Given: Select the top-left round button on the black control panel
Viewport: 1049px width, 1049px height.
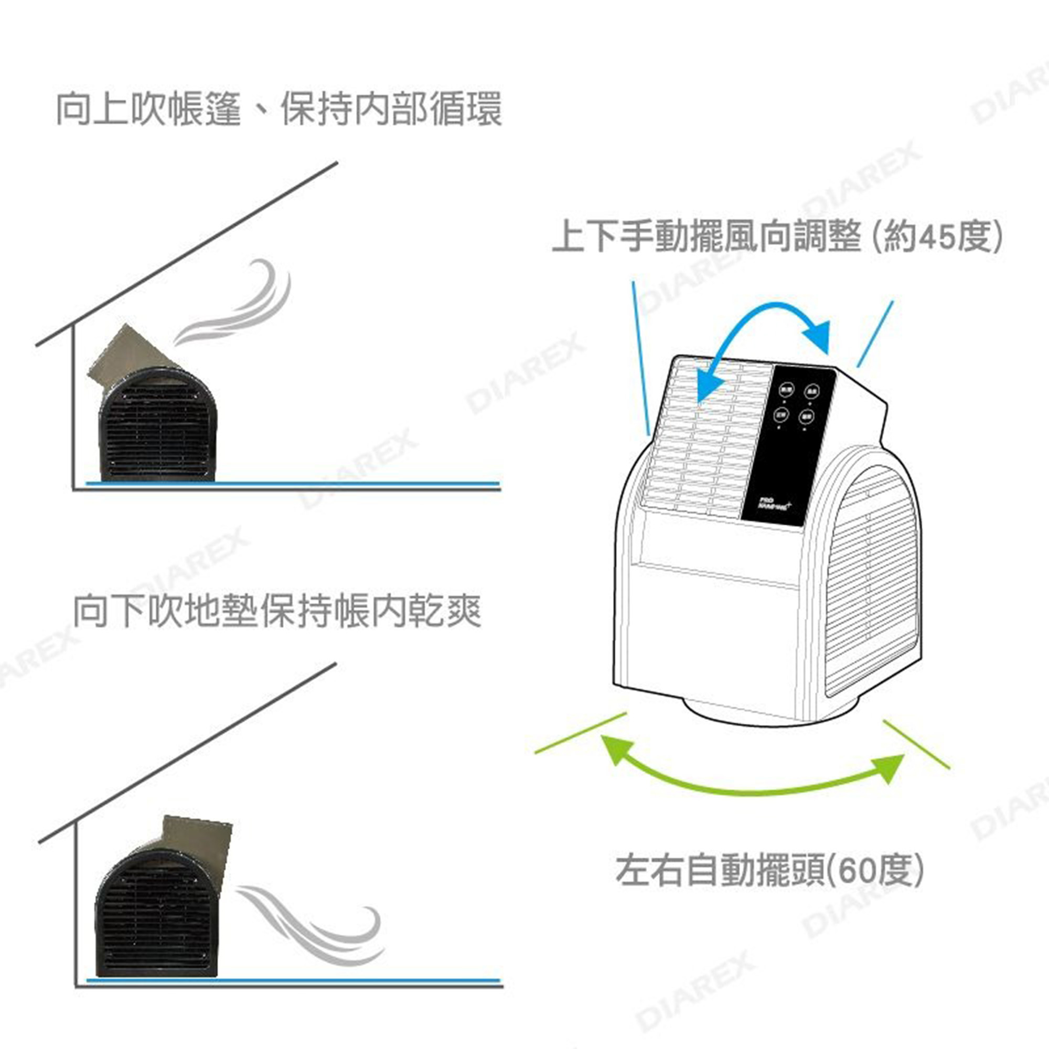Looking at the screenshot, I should pos(786,389).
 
